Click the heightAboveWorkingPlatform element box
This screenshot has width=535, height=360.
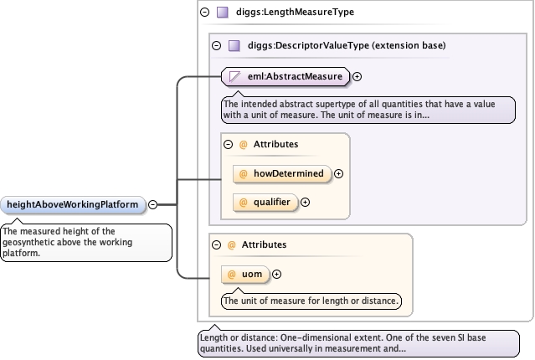(x=73, y=205)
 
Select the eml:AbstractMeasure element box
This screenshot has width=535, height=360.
(x=286, y=76)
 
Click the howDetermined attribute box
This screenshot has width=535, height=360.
(x=282, y=173)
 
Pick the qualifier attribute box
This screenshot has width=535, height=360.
(x=265, y=203)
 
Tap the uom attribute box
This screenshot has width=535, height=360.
(x=245, y=275)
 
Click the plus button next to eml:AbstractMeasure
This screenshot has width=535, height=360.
(x=357, y=77)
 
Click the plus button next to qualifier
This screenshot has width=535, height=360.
(x=305, y=203)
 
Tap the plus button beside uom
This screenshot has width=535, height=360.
(x=277, y=275)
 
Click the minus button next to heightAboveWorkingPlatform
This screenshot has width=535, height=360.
(x=153, y=205)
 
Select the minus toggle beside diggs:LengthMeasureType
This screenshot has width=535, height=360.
(x=205, y=13)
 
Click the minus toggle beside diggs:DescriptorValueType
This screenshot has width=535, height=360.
(x=216, y=46)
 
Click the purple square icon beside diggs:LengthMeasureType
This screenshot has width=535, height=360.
(x=223, y=13)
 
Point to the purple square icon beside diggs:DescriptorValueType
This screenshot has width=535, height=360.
(x=234, y=45)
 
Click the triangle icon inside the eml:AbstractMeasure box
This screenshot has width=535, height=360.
(x=234, y=76)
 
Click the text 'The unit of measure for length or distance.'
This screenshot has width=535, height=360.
(x=311, y=301)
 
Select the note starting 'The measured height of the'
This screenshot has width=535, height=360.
(x=86, y=243)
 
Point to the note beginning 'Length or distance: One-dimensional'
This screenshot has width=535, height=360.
(x=358, y=343)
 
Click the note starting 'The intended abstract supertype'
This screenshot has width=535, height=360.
(x=368, y=110)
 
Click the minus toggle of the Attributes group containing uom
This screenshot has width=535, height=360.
(x=216, y=245)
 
